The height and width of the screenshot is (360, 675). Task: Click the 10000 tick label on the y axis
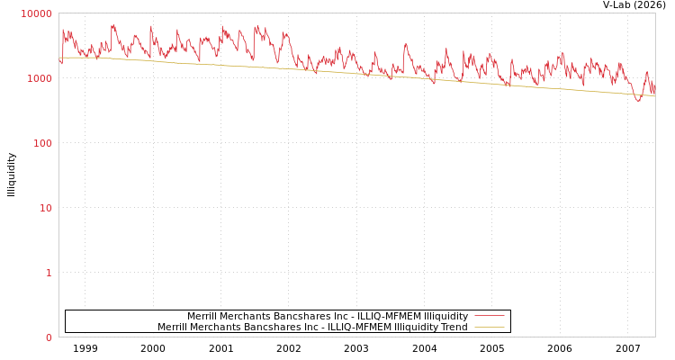coord(37,13)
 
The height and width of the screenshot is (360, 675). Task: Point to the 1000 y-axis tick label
coord(40,78)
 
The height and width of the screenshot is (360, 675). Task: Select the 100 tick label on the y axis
coord(42,143)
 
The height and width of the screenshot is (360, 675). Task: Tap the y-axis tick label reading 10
coord(45,208)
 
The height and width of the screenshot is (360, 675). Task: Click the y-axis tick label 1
coord(49,273)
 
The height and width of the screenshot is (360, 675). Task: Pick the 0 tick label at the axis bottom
coord(49,337)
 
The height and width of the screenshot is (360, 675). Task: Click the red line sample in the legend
coord(489,316)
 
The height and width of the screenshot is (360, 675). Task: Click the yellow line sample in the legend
coord(489,328)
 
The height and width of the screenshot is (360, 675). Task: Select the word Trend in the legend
coord(453,328)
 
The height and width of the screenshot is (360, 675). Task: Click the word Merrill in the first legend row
coord(202,317)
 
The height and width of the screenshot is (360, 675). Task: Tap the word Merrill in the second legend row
coord(172,328)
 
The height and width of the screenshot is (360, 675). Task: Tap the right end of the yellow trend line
coord(654,95)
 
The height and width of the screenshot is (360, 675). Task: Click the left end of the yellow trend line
coord(59,58)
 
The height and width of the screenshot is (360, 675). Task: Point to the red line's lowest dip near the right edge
coord(638,101)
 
